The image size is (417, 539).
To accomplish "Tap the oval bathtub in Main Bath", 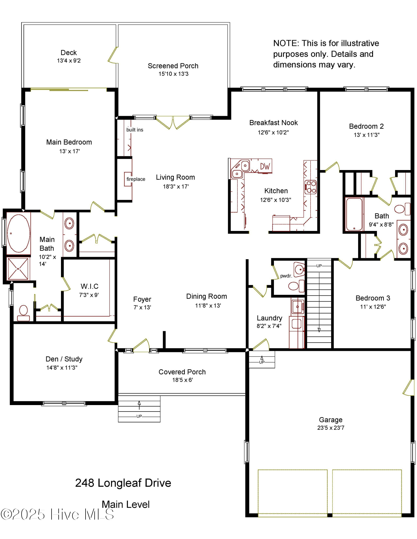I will (x=18, y=233).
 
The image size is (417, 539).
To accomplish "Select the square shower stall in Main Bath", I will (x=18, y=269).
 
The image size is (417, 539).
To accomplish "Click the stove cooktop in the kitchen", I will (x=310, y=187).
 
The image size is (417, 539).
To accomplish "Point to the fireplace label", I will (x=136, y=179).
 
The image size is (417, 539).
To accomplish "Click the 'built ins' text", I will (x=135, y=130).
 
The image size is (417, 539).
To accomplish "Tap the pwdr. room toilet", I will (x=295, y=286).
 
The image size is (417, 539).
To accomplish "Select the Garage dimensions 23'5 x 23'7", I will (x=331, y=428).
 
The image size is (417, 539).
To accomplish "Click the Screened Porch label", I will (x=173, y=66).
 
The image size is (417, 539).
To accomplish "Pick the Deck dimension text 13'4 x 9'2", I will (x=69, y=61).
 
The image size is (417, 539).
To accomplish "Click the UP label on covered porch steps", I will (x=139, y=416).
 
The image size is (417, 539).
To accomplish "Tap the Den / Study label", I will (x=64, y=359).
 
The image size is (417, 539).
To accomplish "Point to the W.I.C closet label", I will (x=89, y=286).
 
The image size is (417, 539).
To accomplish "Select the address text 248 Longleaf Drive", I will (x=123, y=483).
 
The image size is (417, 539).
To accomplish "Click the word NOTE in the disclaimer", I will (x=286, y=43).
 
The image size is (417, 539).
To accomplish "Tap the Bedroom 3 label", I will (x=373, y=298).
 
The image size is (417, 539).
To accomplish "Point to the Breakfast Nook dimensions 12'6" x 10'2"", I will (x=273, y=132).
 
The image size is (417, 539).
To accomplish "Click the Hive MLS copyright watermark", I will (x=57, y=514).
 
